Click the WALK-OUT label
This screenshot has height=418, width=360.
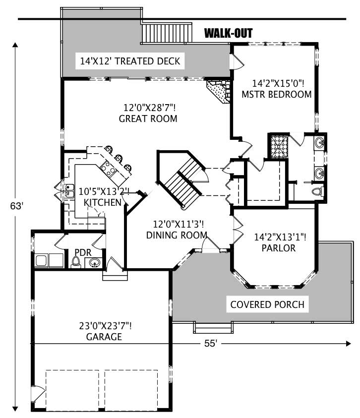[x=229, y=34]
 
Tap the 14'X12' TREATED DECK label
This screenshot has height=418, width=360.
[x=130, y=62]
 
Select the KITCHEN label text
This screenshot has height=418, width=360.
[x=102, y=202]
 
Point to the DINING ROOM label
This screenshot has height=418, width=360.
[x=177, y=236]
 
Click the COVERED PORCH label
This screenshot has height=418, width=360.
[x=267, y=304]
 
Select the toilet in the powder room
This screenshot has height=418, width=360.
[x=76, y=264]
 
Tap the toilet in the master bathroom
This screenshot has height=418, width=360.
[x=317, y=191]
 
